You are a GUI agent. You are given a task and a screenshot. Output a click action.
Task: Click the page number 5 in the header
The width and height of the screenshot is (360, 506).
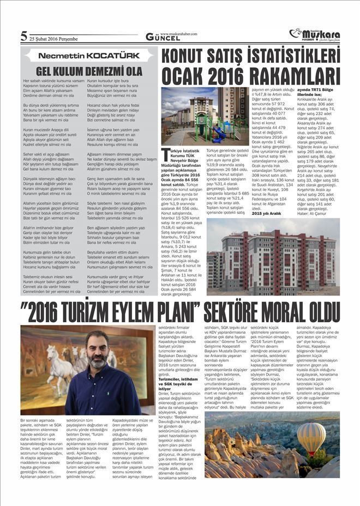pyautogui.click(x=23, y=37)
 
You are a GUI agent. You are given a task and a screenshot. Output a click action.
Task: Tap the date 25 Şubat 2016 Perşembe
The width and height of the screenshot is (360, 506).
pyautogui.click(x=54, y=39)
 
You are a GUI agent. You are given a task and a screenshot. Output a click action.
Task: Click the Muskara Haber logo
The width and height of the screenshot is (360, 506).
pyautogui.click(x=313, y=34)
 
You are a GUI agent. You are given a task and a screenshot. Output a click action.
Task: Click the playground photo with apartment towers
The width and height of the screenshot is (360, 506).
pyautogui.click(x=204, y=116)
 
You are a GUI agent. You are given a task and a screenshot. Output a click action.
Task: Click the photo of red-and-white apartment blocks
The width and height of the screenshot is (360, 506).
pyautogui.click(x=273, y=256)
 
